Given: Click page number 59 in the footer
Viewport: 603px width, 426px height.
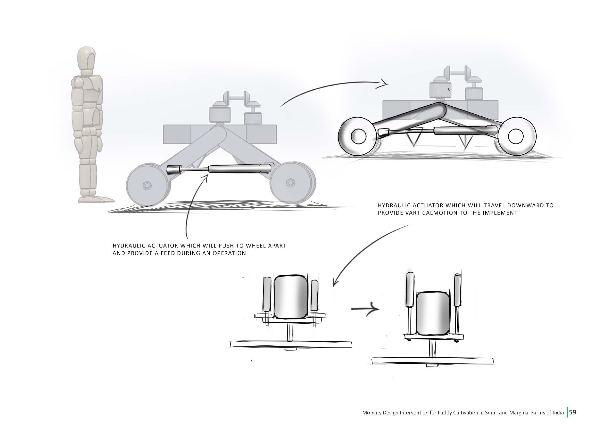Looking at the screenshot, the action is coord(573,412).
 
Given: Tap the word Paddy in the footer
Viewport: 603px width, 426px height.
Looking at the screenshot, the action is coord(454,413).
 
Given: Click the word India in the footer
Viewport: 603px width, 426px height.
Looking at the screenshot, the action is coord(558,412).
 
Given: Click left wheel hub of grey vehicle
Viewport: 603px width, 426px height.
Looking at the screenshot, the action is coord(147,186).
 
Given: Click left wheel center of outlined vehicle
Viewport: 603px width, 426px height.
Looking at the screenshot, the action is coord(358,137).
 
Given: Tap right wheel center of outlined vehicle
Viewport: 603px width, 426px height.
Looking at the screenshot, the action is coord(516,137).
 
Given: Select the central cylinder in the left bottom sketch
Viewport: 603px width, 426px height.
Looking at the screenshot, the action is coord(291,297).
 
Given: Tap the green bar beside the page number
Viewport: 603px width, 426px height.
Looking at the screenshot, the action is coord(567,412).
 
